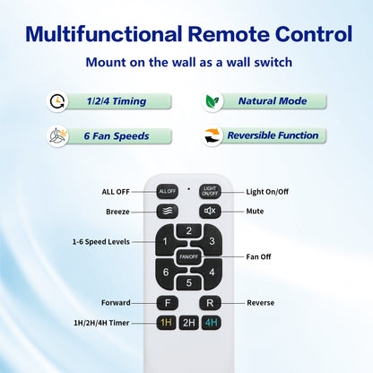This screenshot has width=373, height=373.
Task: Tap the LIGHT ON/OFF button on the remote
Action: click(x=210, y=191)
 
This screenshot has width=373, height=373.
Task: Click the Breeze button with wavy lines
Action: click(x=168, y=212)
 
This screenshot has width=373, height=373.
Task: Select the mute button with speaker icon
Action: click(x=210, y=211)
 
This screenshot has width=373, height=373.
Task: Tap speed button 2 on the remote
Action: click(x=188, y=230)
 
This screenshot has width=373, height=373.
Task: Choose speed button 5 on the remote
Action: click(x=188, y=282)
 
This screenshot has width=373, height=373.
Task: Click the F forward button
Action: click(x=168, y=303)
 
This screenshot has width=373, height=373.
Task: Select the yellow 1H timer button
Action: click(x=166, y=323)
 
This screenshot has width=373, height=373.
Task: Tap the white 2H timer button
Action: click(x=188, y=323)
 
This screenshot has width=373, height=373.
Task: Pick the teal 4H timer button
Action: click(x=212, y=323)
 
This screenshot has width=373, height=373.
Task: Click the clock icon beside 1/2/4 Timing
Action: click(x=57, y=101)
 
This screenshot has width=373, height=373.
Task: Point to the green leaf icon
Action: click(x=213, y=101)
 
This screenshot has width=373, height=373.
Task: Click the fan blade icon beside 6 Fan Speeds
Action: click(x=57, y=136)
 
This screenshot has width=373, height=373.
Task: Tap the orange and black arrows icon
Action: click(x=212, y=136)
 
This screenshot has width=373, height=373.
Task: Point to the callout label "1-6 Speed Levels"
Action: click(x=101, y=242)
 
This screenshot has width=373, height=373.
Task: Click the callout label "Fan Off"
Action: click(x=258, y=256)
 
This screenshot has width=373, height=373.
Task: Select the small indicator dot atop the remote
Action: click(x=188, y=188)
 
